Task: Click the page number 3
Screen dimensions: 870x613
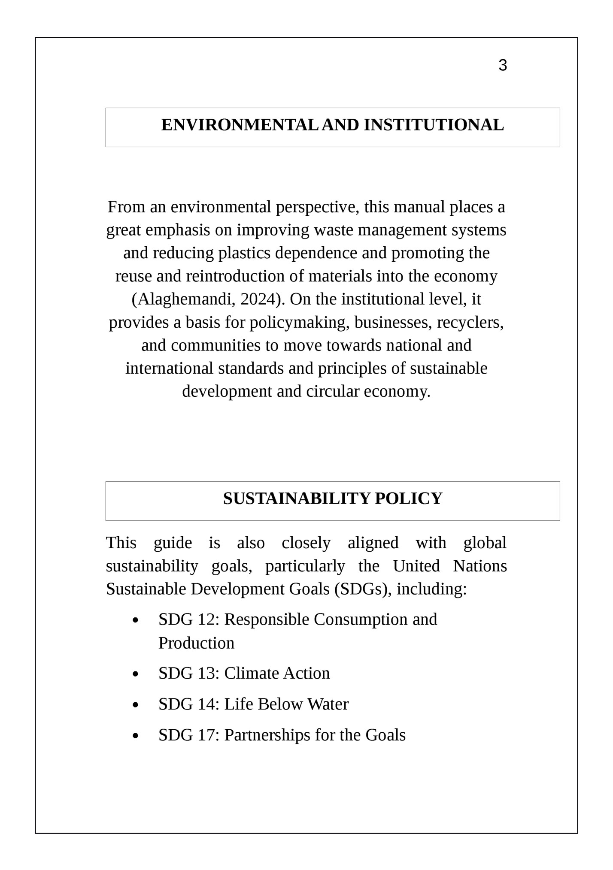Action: (503, 66)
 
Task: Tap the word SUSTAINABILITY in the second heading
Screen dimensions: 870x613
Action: (296, 498)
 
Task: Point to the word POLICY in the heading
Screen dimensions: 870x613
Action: (408, 498)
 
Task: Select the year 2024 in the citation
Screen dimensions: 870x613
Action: (257, 299)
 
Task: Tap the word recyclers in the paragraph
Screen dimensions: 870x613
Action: (470, 323)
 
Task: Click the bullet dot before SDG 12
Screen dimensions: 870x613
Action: (136, 620)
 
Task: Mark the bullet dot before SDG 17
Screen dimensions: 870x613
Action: (136, 736)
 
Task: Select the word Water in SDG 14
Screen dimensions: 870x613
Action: (328, 704)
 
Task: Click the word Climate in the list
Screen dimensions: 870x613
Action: (251, 674)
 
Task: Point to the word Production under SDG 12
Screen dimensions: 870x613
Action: (196, 643)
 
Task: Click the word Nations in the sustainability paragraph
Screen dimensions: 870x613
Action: (480, 566)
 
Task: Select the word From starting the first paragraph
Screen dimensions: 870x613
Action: (127, 207)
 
